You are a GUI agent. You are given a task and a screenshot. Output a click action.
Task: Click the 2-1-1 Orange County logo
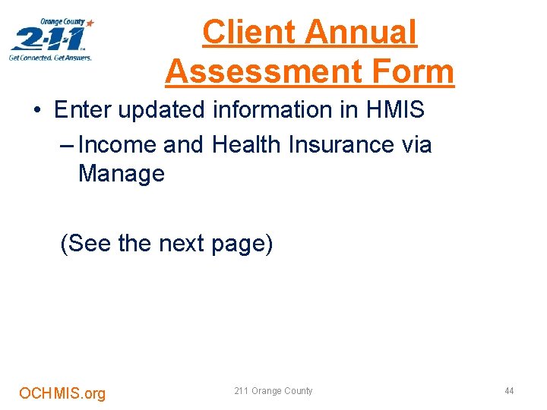pos(51,39)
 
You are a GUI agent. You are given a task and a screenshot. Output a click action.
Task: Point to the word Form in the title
pos(417,71)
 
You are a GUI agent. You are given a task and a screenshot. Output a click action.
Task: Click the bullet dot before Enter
pos(37,111)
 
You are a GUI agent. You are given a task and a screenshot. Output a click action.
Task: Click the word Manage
pos(121,173)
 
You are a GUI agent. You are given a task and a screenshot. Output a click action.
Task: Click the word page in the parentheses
pos(242,244)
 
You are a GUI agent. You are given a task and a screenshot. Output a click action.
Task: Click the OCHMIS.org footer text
pos(62,393)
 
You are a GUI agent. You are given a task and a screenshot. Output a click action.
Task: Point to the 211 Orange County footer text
pos(273,391)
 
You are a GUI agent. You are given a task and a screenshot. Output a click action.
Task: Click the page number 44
pos(509,391)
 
